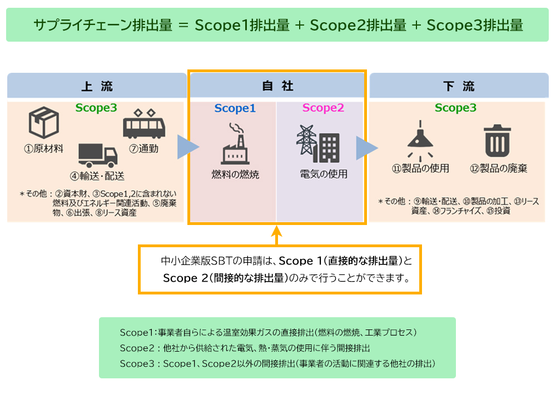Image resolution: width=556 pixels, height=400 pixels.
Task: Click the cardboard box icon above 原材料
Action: [x=43, y=122]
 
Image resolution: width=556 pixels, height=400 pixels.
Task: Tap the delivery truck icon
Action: [x=98, y=155]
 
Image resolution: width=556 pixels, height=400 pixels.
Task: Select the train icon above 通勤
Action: [x=144, y=124]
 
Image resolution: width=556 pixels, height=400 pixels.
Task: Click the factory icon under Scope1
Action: [x=235, y=143]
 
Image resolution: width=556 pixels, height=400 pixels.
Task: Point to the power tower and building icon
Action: [x=318, y=144]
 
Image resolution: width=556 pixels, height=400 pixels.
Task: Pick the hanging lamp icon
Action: [x=420, y=141]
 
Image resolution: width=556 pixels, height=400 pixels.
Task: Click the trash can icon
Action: [x=498, y=141]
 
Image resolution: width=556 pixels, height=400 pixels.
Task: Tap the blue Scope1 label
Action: [x=235, y=108]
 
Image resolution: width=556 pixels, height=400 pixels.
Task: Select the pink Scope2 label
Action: [x=323, y=108]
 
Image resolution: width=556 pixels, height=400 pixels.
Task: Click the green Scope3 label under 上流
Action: [x=96, y=108]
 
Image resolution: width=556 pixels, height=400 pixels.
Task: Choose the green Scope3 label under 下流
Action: [x=455, y=108]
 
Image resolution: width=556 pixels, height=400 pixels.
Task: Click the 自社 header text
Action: [x=277, y=86]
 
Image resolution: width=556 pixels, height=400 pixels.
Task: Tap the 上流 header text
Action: [x=97, y=86]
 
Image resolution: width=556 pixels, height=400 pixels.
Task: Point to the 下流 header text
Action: [x=459, y=86]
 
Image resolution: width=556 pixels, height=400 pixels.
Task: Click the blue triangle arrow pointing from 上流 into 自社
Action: [x=187, y=147]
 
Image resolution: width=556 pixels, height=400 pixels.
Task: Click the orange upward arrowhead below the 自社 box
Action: [x=276, y=231]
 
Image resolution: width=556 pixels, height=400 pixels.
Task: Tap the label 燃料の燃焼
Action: [x=235, y=174]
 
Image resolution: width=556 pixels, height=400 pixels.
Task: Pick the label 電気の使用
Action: [x=324, y=174]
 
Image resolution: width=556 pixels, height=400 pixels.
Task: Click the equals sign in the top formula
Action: [x=183, y=26]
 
